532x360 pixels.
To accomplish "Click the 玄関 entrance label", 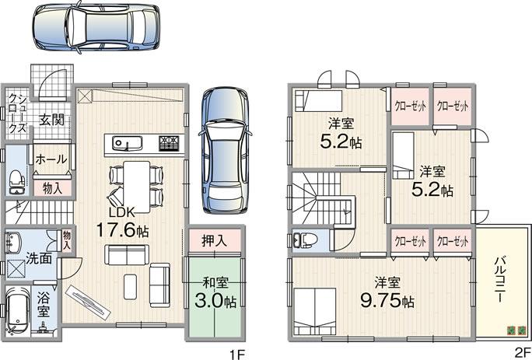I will pyautogui.click(x=53, y=121).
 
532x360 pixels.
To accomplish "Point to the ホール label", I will pyautogui.click(x=51, y=158).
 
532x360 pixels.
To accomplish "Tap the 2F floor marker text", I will pyautogui.click(x=520, y=352).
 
